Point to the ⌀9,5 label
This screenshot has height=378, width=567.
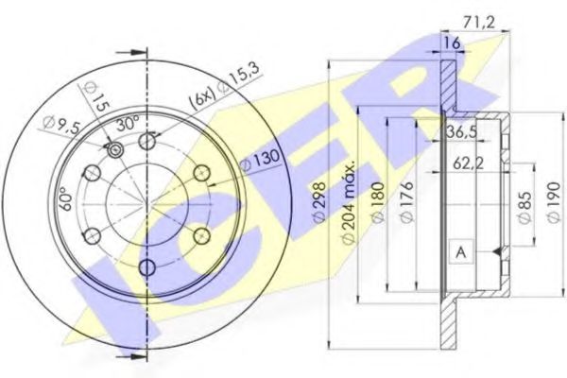tap(60, 122)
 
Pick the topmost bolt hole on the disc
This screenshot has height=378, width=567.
tap(146, 141)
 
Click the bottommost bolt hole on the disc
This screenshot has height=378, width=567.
tap(146, 267)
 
